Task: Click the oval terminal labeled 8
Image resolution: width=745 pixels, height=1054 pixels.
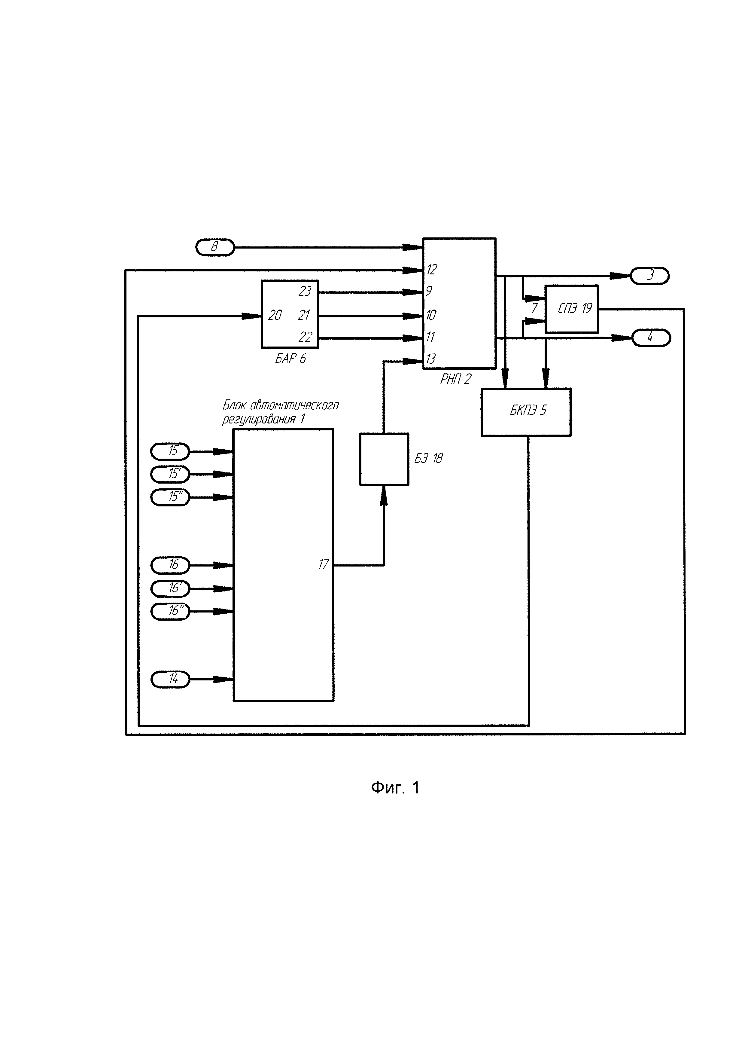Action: click(215, 247)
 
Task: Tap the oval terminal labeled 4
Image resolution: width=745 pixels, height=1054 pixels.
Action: click(651, 338)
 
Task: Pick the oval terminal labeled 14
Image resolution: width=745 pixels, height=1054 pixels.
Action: click(170, 679)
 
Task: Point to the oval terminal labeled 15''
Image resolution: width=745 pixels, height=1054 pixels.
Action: click(170, 497)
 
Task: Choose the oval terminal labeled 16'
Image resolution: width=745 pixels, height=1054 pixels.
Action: click(170, 588)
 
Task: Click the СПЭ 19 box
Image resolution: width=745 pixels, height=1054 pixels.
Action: click(572, 309)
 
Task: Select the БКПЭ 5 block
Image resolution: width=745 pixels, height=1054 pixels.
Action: click(526, 412)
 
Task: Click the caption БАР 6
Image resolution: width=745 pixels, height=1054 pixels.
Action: click(290, 359)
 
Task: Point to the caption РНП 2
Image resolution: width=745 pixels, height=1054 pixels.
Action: click(455, 379)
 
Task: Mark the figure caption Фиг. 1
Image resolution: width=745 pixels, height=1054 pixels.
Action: click(395, 788)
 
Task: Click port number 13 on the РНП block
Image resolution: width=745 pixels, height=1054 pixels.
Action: click(430, 359)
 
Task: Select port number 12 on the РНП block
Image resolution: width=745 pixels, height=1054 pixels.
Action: click(431, 270)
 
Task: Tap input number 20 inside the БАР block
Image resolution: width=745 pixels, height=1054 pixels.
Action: click(275, 315)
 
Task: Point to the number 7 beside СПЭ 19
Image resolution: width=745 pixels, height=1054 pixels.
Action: click(534, 308)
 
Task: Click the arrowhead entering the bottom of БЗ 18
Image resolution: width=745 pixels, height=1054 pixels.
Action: click(384, 495)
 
